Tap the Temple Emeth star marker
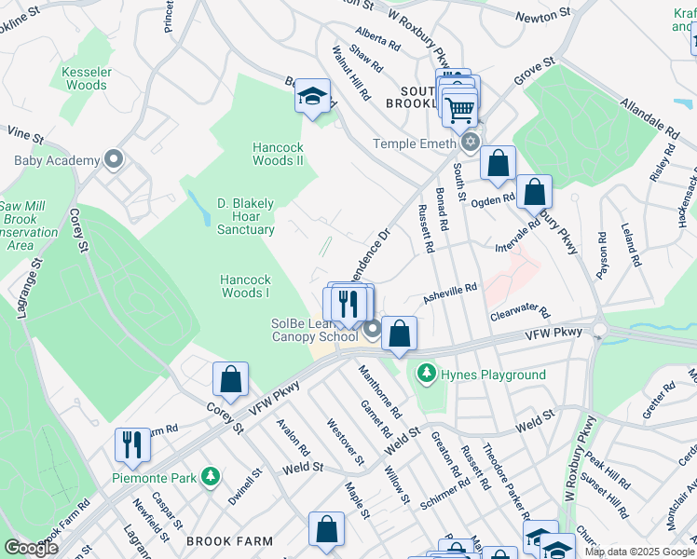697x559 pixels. tap(471, 143)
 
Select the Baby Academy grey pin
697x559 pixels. tap(114, 160)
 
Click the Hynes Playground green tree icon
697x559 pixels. tap(427, 375)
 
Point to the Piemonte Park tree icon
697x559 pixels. tap(212, 477)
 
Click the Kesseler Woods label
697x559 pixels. tap(85, 78)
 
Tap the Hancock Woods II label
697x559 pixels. tap(278, 154)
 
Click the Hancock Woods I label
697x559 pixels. tap(246, 286)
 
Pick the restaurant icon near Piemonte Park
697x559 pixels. tap(132, 444)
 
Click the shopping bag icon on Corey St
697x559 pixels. tap(230, 379)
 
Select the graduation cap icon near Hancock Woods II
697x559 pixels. tap(312, 95)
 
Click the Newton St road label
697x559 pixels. tap(544, 15)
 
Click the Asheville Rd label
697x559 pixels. tap(451, 293)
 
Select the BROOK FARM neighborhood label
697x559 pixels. tap(229, 541)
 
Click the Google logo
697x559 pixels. tap(32, 548)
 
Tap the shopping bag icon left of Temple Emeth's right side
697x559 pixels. tap(499, 164)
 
